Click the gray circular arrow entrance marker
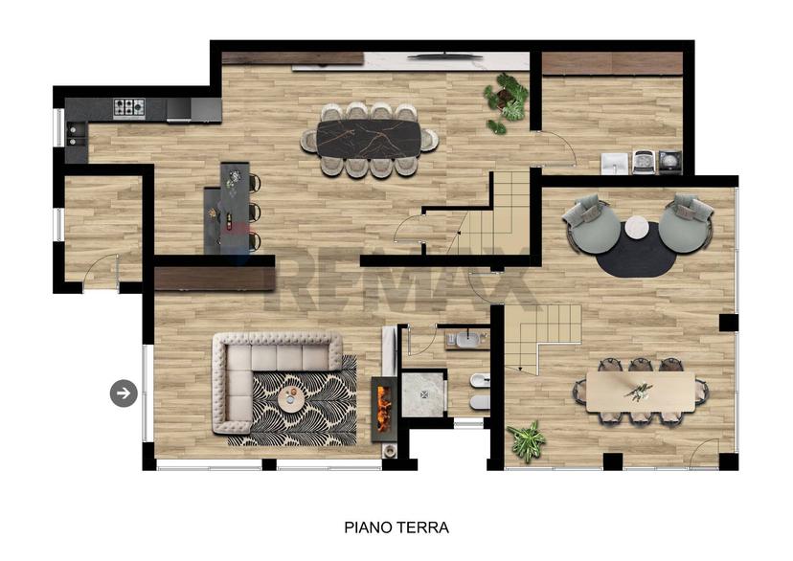(x=124, y=393)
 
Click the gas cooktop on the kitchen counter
(x=129, y=107)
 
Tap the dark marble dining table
(x=369, y=140)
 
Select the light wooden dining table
(x=641, y=393)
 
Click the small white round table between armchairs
(x=637, y=227)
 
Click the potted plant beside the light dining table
(x=527, y=440)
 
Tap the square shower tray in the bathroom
(x=422, y=394)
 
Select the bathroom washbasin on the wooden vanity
(x=468, y=339)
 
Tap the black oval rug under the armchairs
(x=636, y=251)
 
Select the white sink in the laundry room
(x=615, y=164)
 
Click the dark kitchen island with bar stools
(x=229, y=210)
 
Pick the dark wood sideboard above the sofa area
(x=214, y=279)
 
